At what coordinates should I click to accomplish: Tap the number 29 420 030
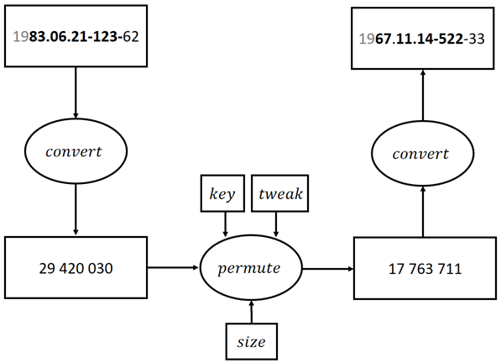coord(76,268)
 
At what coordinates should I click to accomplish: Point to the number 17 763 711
coord(425,269)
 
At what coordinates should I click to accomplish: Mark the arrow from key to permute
coord(225,224)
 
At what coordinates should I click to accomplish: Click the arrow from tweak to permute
coord(276,224)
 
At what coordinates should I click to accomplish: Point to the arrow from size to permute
coord(252,312)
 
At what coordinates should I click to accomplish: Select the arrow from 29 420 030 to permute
coord(173,267)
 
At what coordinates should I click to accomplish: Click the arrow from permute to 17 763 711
coord(328,269)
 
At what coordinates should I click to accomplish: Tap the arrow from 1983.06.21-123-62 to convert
coord(76,92)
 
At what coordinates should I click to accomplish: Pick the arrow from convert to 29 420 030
coord(76,210)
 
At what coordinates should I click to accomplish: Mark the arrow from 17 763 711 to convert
coord(423,212)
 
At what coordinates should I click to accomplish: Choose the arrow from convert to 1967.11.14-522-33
coord(423,95)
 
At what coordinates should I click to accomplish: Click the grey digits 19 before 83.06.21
coord(21,36)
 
